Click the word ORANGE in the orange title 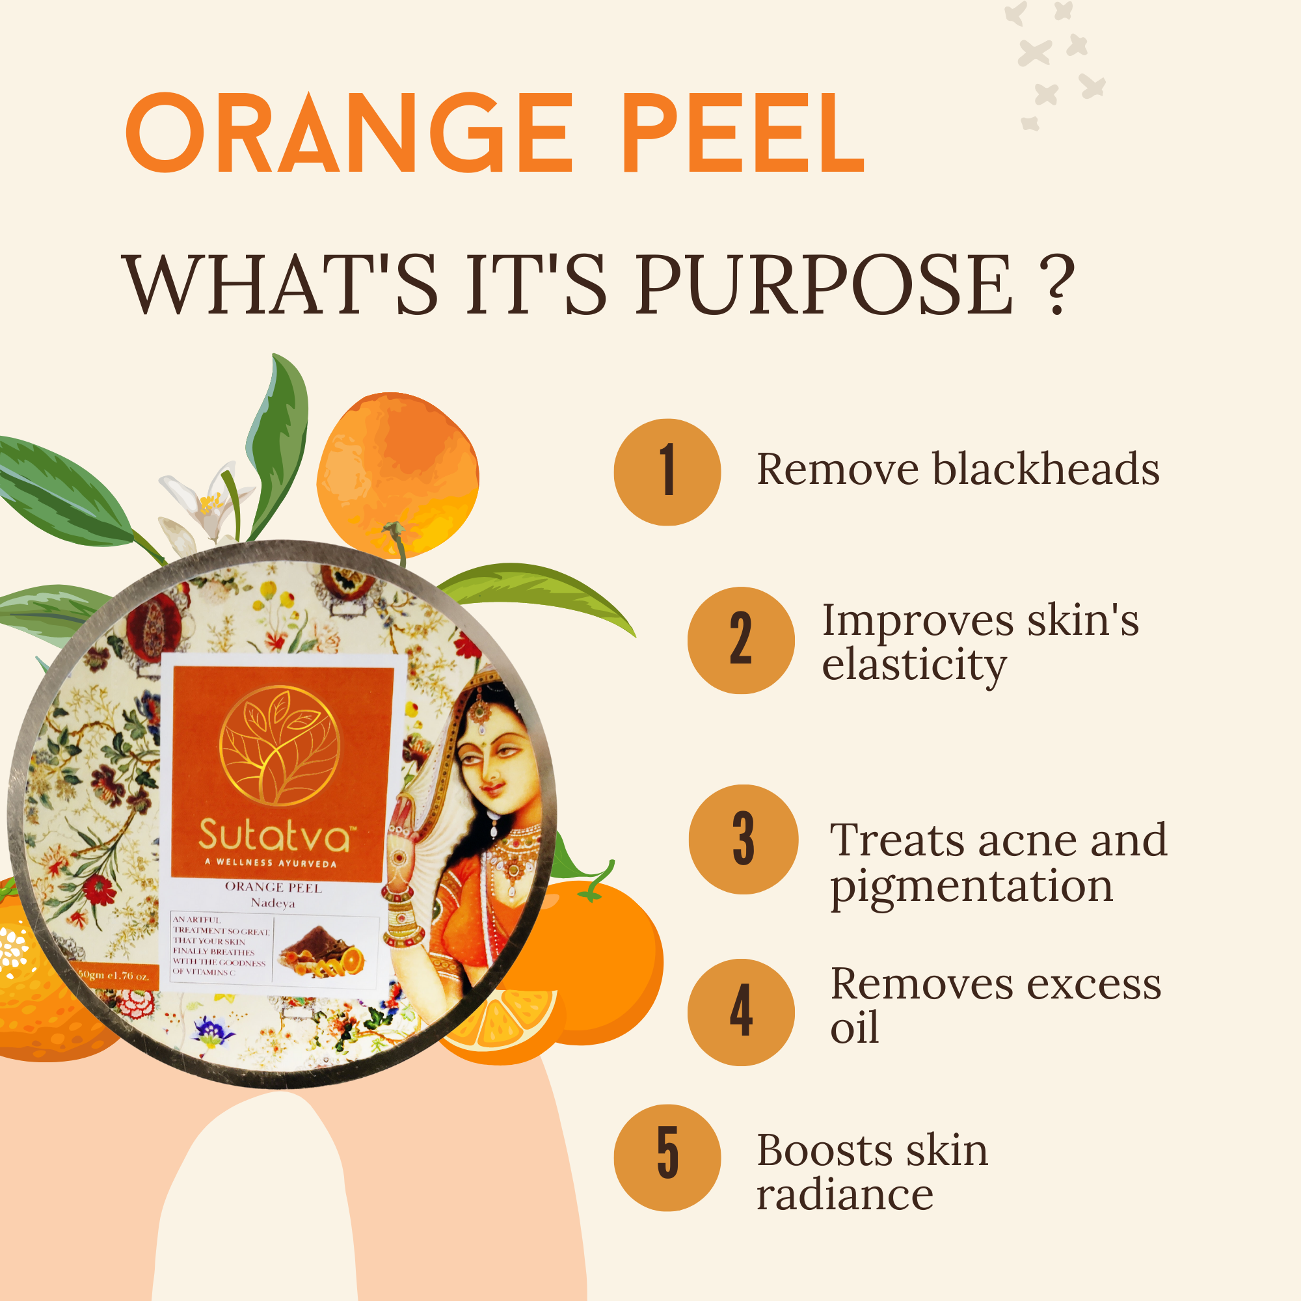pos(349,133)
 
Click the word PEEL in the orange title pos(742,133)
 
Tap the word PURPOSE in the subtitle pos(823,286)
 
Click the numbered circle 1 pos(667,472)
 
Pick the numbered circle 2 pos(741,640)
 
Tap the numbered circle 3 pos(743,839)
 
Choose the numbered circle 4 pos(741,1012)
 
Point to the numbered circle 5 pos(667,1158)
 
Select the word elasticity pos(914,665)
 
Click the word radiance pos(844,1195)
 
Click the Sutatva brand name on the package pos(275,835)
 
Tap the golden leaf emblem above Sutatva pos(280,745)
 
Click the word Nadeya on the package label pos(273,903)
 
